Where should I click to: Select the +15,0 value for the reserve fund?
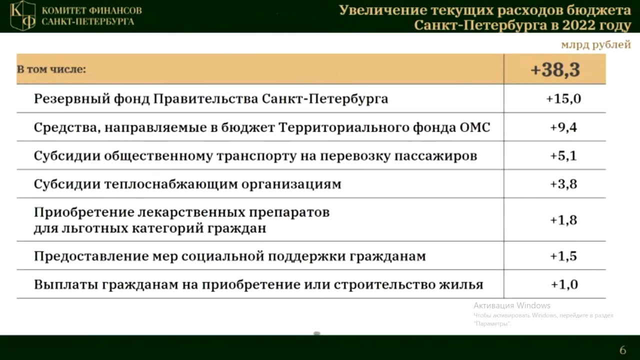(x=563, y=98)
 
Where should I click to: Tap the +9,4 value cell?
(x=563, y=127)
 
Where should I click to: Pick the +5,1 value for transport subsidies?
(x=563, y=156)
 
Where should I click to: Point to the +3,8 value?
(x=563, y=184)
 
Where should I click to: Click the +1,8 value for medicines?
(x=563, y=220)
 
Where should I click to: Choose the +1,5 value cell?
(x=563, y=256)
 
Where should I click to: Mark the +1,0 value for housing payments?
(x=564, y=284)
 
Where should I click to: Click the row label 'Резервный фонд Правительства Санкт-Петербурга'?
(x=210, y=98)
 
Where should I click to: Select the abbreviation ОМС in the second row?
(x=474, y=127)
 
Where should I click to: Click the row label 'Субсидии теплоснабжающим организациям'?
(x=187, y=184)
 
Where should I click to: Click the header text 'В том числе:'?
(x=51, y=69)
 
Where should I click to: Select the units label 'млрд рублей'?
(x=595, y=45)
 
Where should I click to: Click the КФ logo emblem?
(x=23, y=15)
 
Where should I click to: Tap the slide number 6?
(x=622, y=350)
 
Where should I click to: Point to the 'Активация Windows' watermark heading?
(x=512, y=305)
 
